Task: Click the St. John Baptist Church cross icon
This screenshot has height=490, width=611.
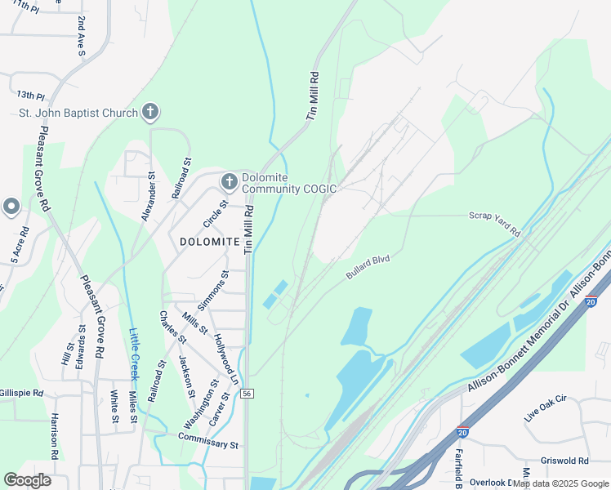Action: click(x=149, y=112)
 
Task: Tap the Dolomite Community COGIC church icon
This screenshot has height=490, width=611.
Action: click(x=230, y=181)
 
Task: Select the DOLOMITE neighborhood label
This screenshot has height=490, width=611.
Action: click(x=210, y=242)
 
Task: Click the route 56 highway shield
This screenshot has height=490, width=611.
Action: click(x=247, y=394)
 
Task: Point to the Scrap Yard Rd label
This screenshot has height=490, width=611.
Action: click(x=494, y=224)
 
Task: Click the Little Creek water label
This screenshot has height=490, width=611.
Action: click(x=134, y=354)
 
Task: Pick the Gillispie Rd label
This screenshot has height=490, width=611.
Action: click(x=22, y=393)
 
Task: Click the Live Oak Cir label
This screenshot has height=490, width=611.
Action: click(x=545, y=408)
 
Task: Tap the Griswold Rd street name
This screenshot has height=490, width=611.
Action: click(x=564, y=461)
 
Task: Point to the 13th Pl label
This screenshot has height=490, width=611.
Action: click(x=29, y=95)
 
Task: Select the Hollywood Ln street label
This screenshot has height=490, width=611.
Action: click(x=225, y=359)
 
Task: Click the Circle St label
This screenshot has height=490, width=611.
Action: click(x=216, y=215)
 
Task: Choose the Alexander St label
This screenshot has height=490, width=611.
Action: click(x=148, y=196)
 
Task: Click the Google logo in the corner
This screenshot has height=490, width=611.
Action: click(x=28, y=479)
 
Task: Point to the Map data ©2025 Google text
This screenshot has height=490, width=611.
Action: click(x=560, y=483)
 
